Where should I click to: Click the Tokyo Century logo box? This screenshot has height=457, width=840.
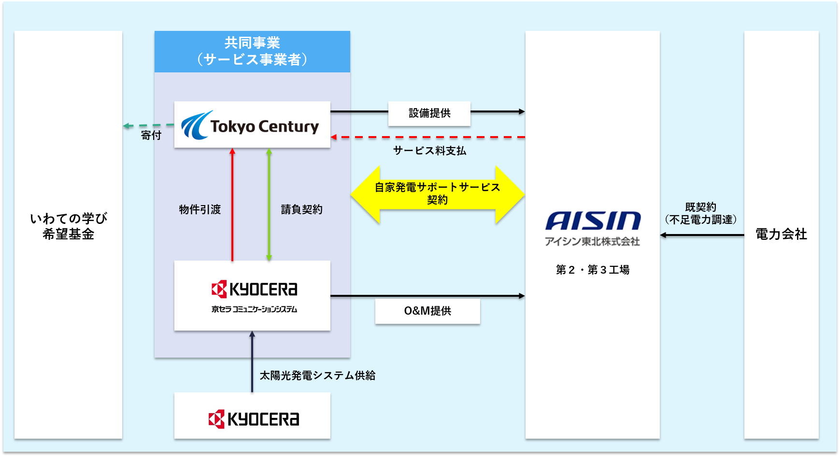coord(252,125)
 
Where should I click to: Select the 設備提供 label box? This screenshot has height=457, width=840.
coord(429,113)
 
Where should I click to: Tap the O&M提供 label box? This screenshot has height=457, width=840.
coord(427,311)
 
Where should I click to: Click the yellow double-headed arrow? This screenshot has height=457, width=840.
coord(437,194)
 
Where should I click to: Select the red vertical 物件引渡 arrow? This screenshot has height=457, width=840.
coord(232,205)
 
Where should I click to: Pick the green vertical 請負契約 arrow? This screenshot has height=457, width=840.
coord(269,205)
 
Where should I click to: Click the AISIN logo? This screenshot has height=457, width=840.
coord(593,222)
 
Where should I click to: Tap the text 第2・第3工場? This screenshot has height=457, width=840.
coord(593,270)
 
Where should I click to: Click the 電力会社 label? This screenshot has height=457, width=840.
coord(781,235)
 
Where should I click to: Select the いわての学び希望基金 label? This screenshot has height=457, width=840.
coord(68,226)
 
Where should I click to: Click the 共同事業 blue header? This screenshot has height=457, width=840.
coord(252,52)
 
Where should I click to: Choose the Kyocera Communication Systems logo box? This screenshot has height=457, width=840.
coord(252,295)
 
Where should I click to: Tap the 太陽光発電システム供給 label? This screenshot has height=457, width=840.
coord(317,375)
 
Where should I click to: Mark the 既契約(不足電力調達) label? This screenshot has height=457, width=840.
coord(700,213)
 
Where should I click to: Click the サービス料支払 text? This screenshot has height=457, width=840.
coord(429,151)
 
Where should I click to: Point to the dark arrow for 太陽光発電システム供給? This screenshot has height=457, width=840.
coord(252,361)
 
